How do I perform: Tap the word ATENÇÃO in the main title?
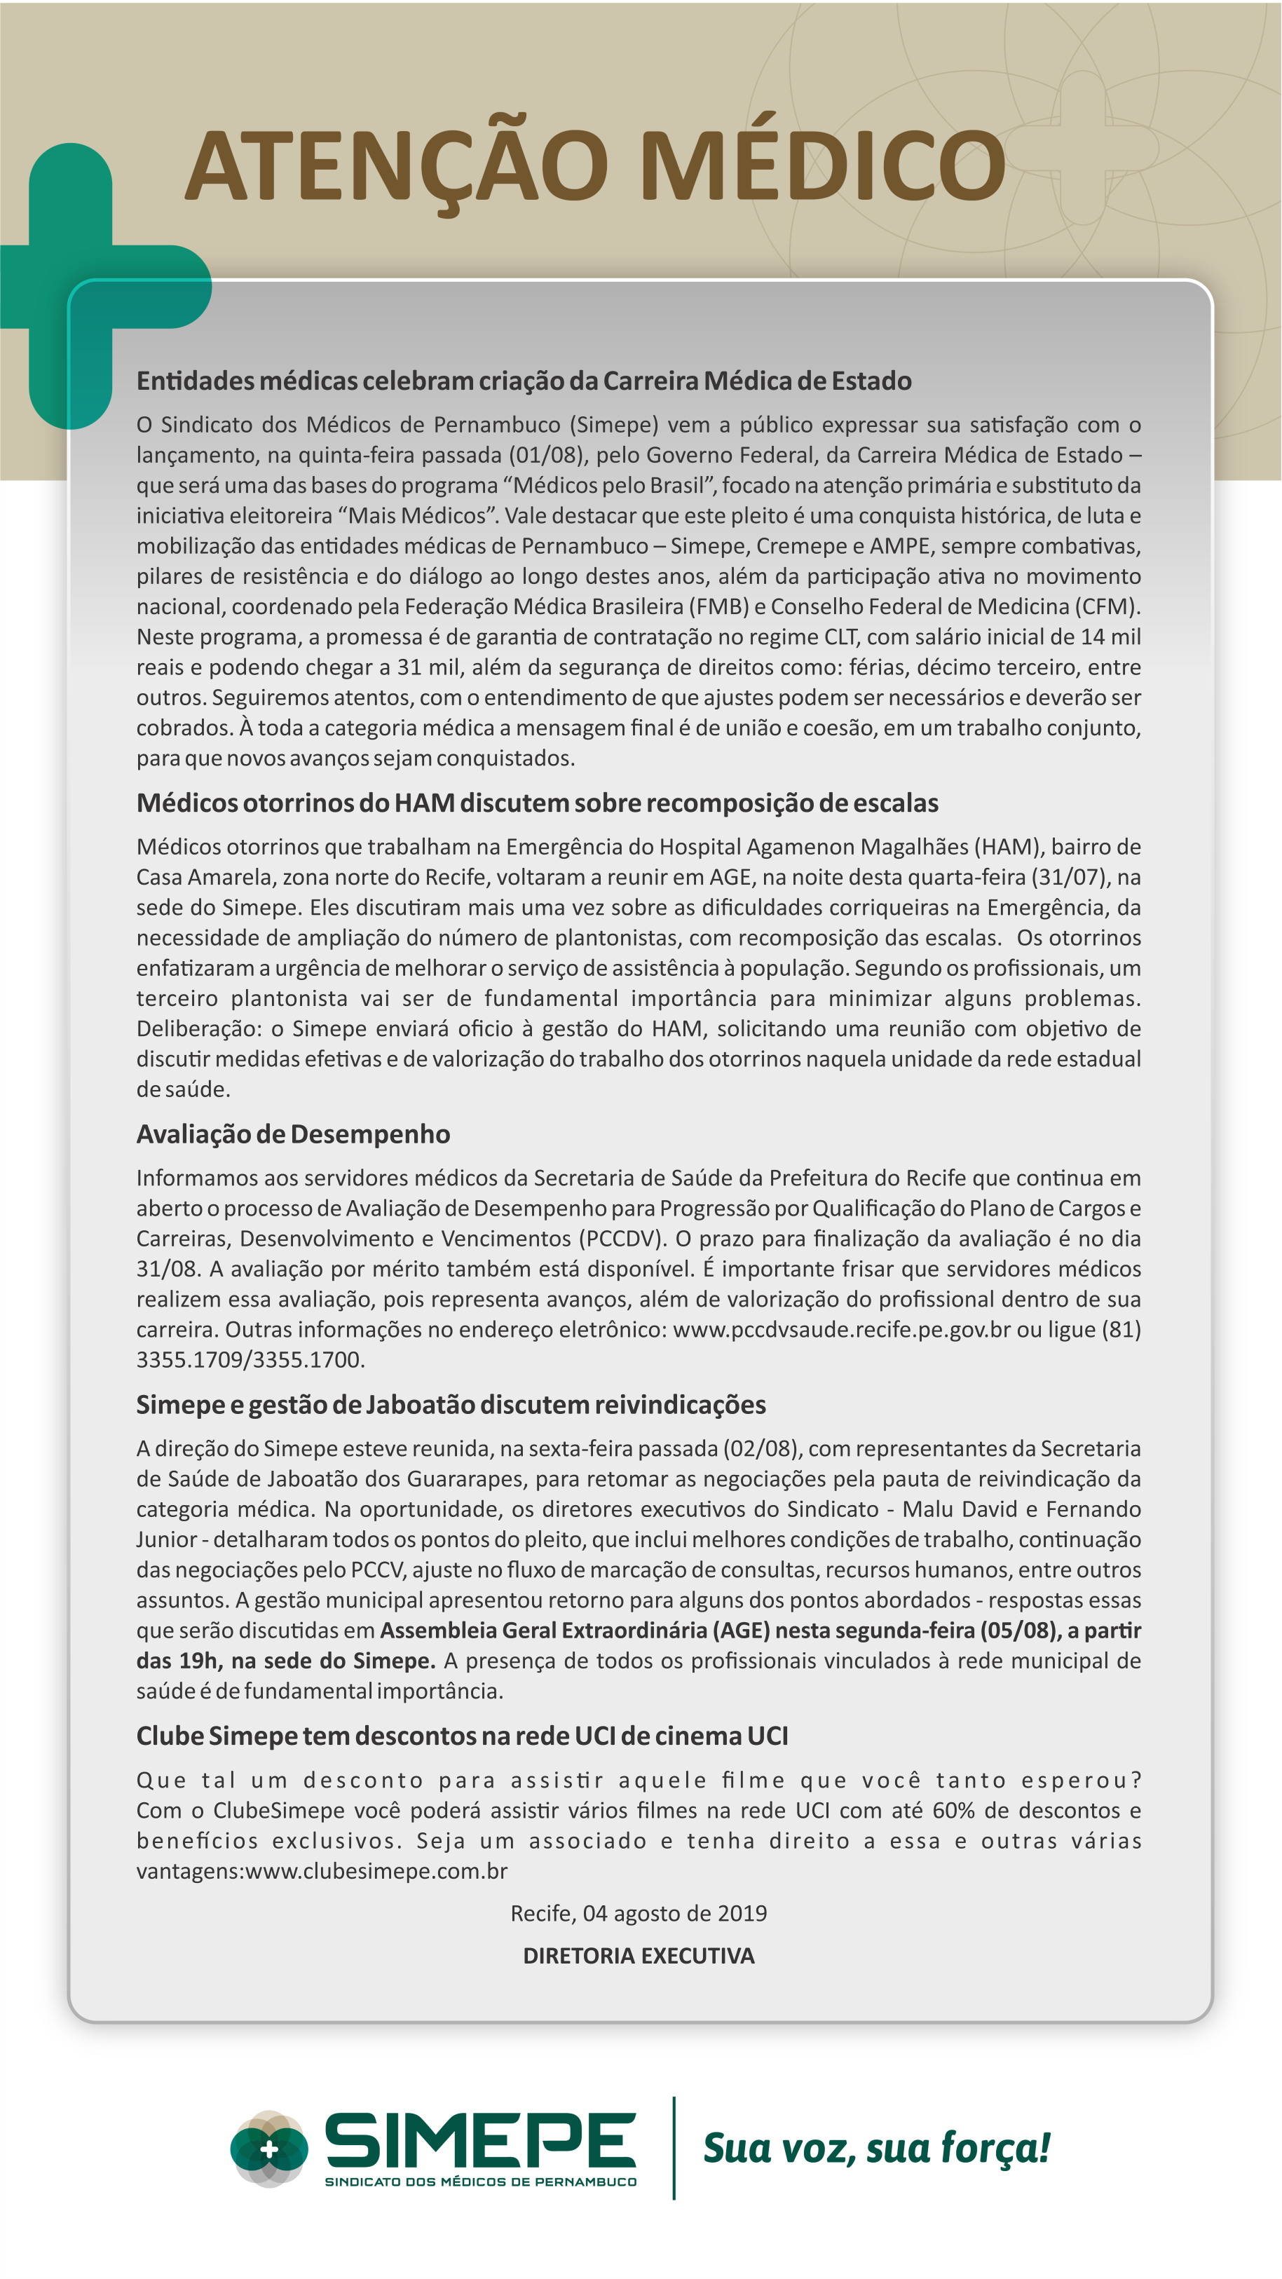pos(395,166)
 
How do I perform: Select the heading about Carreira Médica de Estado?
pos(523,381)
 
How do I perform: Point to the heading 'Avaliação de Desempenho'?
pos(293,1134)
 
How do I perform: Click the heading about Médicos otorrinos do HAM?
pos(537,803)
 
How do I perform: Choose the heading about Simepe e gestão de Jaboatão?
pos(450,1404)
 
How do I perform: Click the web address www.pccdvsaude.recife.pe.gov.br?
pos(841,1329)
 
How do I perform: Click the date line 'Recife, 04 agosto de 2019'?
pos(638,1913)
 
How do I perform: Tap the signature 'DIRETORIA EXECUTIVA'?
pos(638,1955)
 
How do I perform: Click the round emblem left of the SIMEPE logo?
pos(269,2148)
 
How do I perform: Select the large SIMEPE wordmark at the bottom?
pos(480,2139)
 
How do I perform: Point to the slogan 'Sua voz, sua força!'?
pos(876,2148)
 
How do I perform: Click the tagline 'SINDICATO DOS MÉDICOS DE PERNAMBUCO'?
pos(480,2182)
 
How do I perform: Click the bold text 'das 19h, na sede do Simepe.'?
pos(285,1661)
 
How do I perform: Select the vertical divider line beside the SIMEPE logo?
pos(674,2148)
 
